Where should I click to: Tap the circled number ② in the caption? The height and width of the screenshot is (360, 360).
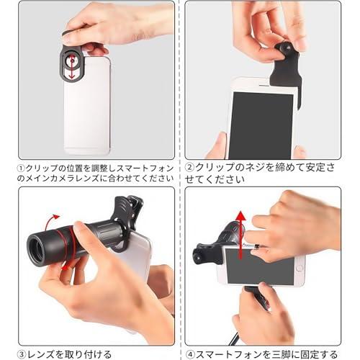tap(189, 167)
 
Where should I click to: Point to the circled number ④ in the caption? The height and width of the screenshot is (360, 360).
tap(189, 354)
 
